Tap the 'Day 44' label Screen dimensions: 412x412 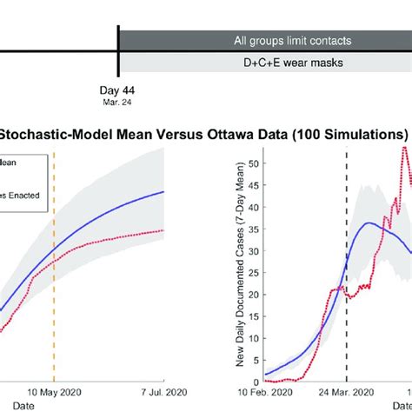pos(117,90)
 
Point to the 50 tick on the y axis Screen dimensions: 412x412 pos(252,163)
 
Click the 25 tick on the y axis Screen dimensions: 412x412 pos(252,272)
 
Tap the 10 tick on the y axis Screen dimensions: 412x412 pos(252,338)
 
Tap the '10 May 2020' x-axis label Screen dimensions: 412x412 pos(54,392)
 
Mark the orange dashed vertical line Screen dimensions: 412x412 pos(54,261)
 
